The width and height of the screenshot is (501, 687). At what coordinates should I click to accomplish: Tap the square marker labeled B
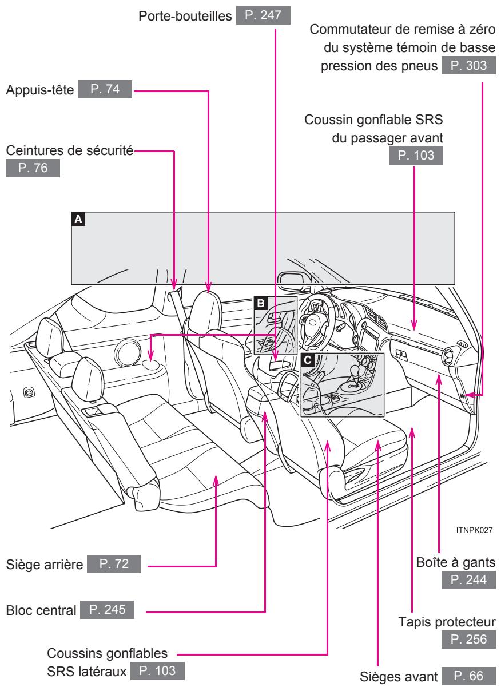pos(261,303)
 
